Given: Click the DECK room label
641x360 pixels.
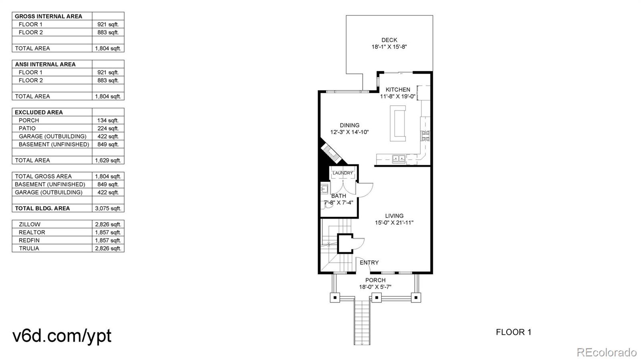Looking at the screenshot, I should click(x=389, y=40).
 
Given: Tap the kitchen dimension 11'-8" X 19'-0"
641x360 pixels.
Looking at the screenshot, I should click(x=397, y=96).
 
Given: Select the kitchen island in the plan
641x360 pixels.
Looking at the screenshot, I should click(x=398, y=123).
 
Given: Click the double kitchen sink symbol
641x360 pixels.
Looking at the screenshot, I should click(x=399, y=159).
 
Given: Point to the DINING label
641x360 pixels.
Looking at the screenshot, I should click(x=349, y=125).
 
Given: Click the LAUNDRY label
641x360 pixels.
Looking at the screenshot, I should click(x=343, y=173).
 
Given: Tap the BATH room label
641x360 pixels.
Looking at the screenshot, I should click(x=339, y=196).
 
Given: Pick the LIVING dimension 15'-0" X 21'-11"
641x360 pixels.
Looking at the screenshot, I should click(x=394, y=223).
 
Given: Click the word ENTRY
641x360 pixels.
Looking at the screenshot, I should click(x=369, y=263).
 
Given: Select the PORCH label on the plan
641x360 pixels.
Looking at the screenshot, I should click(x=375, y=280).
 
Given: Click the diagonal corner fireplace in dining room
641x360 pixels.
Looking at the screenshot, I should click(x=331, y=153).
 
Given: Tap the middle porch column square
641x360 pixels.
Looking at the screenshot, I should click(x=376, y=298).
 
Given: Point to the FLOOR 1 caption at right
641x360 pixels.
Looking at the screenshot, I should click(x=513, y=332).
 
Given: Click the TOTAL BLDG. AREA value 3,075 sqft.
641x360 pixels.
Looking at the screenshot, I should click(x=108, y=208).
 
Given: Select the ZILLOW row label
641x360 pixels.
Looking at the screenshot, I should click(x=30, y=224).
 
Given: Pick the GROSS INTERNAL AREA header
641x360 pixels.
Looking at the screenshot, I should click(x=48, y=16).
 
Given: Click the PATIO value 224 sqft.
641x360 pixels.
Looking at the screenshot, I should click(x=108, y=129).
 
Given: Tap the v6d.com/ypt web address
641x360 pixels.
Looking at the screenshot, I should click(x=62, y=336).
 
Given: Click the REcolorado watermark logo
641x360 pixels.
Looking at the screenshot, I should click(x=606, y=352).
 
